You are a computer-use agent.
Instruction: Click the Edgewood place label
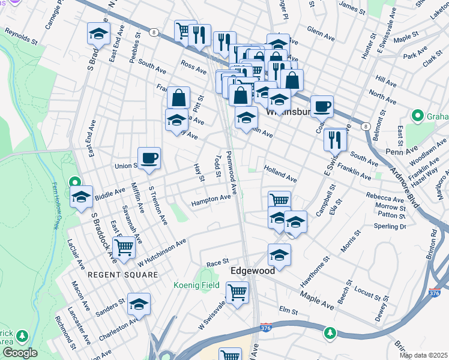(253, 271)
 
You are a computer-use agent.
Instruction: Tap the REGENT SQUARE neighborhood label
(123, 274)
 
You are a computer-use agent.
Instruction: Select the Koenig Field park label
(197, 286)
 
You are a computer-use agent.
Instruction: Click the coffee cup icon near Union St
(149, 158)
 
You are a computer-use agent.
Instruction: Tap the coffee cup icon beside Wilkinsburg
(322, 106)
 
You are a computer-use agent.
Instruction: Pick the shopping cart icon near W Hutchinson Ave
(124, 246)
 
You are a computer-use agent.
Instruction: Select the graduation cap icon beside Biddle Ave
(82, 197)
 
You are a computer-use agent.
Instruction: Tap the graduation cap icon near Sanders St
(139, 304)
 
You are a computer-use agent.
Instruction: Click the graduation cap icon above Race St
(279, 255)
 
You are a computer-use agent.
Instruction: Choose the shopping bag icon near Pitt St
(179, 97)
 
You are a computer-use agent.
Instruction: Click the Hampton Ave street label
(211, 200)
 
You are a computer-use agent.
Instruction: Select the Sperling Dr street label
(390, 227)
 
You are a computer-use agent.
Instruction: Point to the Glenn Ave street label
(321, 32)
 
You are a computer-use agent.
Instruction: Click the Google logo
(20, 353)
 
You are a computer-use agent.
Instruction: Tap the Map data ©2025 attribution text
(423, 355)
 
